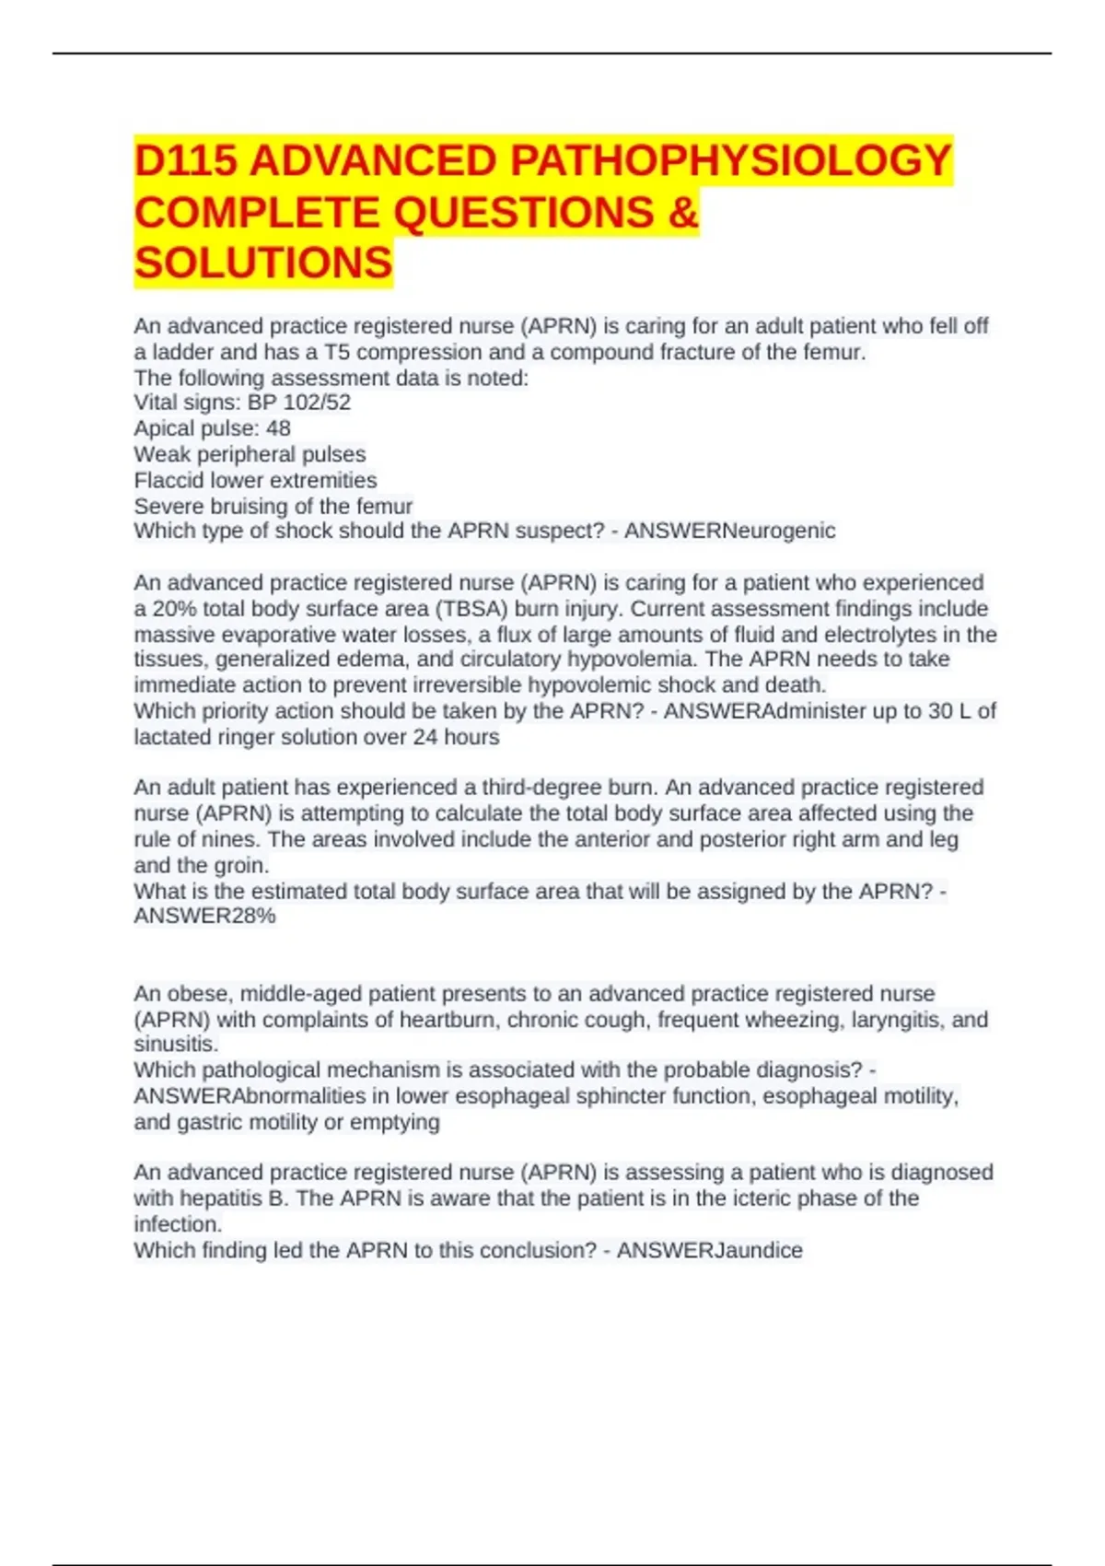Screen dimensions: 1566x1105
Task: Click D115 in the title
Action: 186,161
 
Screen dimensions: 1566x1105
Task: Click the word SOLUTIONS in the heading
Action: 263,263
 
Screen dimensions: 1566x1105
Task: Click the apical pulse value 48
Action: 277,428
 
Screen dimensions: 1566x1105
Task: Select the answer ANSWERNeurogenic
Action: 729,531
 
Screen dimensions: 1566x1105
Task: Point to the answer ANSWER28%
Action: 204,916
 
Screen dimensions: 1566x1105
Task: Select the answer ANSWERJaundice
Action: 709,1250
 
